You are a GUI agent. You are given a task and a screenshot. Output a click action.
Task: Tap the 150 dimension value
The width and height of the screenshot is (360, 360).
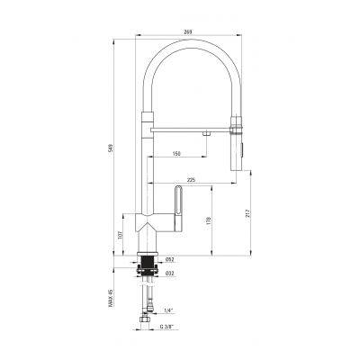(x=176, y=154)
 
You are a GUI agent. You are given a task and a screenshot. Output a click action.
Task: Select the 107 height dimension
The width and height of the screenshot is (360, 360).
(x=121, y=238)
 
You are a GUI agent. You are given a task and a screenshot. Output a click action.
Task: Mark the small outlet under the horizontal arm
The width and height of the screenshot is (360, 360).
(x=207, y=133)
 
